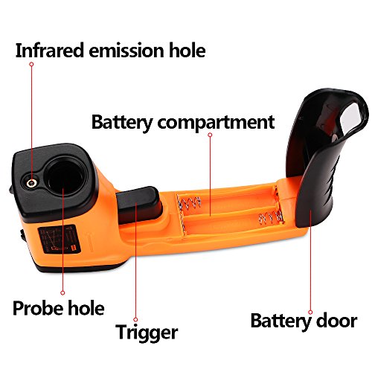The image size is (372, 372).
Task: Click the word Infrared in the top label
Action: pos(49,51)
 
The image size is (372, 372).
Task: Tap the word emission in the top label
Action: pos(126,51)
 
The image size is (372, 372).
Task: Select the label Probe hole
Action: pos(59,308)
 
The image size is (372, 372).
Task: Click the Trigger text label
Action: pos(147,333)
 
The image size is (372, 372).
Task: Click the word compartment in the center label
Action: pos(216,123)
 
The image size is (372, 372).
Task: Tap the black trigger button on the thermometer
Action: pos(139,205)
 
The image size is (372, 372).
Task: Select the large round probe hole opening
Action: pos(65,176)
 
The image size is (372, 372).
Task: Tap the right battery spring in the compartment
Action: pos(271,217)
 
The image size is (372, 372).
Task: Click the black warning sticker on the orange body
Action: pos(60,240)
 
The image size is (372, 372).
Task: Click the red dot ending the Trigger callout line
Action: pos(135,319)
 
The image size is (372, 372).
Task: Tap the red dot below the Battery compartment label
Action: pos(210,135)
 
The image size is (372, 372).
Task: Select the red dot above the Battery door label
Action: pos(310,312)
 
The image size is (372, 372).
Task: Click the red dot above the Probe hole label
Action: pos(62,293)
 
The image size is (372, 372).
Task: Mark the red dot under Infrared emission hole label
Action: pos(31,64)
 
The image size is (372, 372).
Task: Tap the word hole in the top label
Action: pos(187,51)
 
